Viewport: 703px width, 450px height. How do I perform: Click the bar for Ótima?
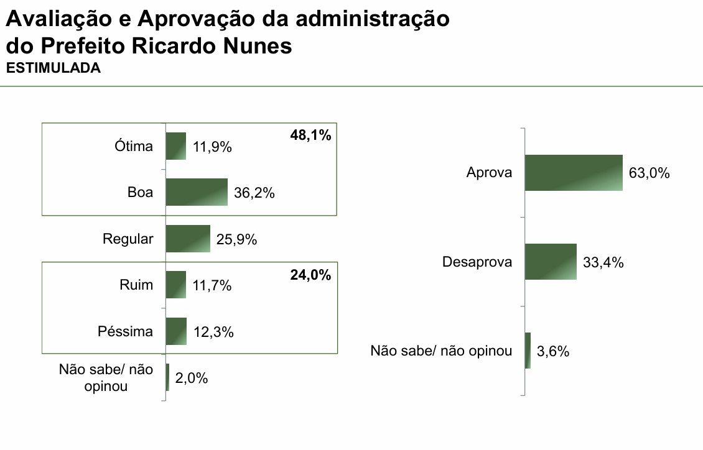tap(176, 146)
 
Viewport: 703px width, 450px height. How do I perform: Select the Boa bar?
tap(197, 192)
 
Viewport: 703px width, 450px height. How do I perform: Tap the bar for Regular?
tap(188, 239)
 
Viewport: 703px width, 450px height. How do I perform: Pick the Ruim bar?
tap(176, 285)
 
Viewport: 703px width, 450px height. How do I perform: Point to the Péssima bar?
tap(176, 331)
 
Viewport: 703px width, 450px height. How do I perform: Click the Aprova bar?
tap(574, 172)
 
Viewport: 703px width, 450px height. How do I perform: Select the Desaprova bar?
tap(551, 262)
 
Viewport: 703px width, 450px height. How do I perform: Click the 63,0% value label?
tap(649, 173)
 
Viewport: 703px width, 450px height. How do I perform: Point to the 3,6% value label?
tap(553, 352)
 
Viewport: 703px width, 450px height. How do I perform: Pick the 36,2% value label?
tap(254, 193)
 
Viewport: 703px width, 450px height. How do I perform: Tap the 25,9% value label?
tap(237, 239)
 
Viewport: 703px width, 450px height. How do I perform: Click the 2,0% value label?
tap(192, 378)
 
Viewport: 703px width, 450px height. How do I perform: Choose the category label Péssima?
tap(125, 331)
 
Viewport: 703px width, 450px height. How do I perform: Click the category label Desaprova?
tap(477, 262)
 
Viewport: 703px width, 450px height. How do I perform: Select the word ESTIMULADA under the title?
tap(53, 68)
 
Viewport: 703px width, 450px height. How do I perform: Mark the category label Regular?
tap(128, 239)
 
